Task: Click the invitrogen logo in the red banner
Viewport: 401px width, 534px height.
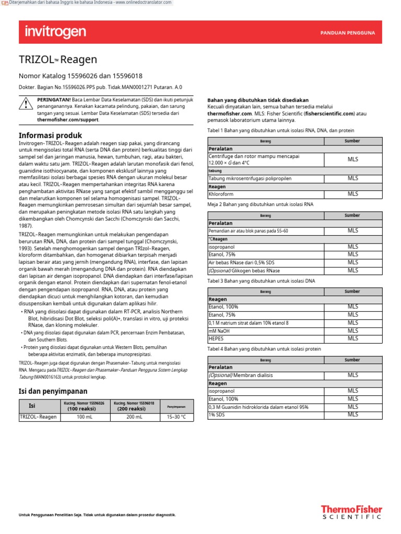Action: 55,32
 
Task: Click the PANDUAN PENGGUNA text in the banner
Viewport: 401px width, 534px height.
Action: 347,33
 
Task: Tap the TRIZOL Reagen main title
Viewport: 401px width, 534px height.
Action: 57,60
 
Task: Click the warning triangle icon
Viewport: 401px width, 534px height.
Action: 25,104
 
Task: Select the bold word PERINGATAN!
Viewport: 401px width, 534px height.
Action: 54,100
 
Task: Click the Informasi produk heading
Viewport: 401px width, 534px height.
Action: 51,136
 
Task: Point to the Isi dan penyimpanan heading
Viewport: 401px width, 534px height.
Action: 54,391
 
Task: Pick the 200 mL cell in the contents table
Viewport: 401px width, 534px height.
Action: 134,417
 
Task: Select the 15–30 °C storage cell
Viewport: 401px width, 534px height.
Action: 176,417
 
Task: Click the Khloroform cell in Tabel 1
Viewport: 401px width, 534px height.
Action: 221,194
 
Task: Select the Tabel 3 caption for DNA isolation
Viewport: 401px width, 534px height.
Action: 262,281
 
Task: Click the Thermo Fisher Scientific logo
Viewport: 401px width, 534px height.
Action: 351,512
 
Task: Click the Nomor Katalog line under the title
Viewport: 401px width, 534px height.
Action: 80,76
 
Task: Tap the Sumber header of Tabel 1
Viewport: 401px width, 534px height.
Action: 352,141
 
